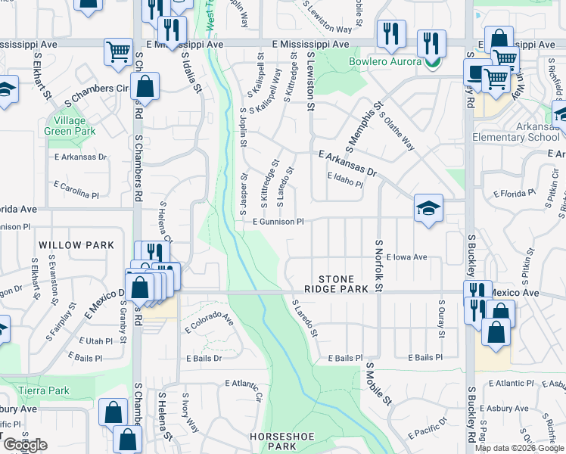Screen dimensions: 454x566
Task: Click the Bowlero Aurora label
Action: pos(384,61)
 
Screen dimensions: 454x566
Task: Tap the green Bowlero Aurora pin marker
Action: pos(432,62)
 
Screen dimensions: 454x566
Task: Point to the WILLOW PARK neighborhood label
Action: pos(76,245)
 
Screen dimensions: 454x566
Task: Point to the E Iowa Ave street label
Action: pos(406,257)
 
